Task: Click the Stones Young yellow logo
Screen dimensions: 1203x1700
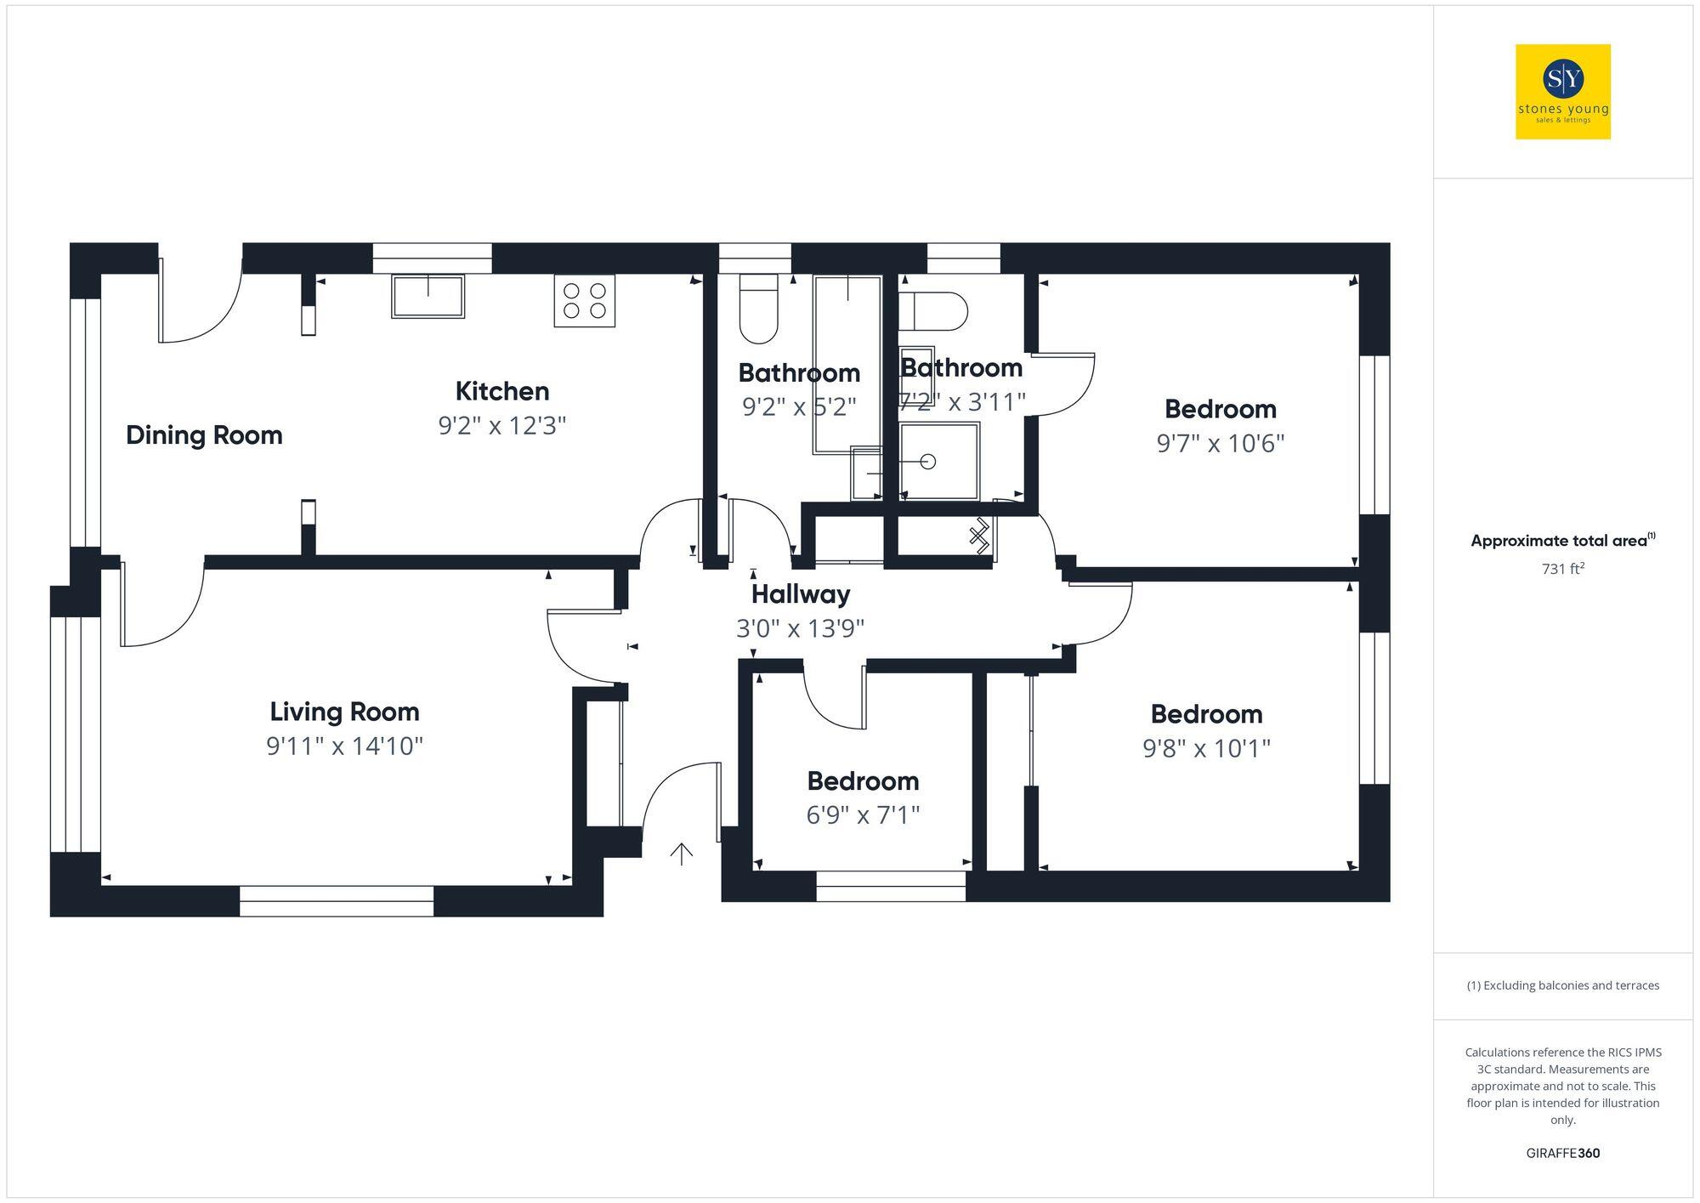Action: (1562, 92)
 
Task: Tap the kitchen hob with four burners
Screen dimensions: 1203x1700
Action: (584, 300)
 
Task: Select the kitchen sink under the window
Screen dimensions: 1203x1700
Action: (428, 296)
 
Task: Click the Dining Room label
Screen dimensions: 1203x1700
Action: (204, 435)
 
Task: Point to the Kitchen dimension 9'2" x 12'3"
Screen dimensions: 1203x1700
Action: (501, 425)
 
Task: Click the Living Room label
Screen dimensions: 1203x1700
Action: (344, 712)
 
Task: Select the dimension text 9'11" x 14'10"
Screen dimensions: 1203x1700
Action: (344, 746)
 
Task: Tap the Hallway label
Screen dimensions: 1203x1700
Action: (800, 594)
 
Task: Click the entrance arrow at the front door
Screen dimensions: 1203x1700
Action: (681, 853)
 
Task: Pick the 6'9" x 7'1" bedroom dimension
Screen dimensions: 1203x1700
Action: (863, 815)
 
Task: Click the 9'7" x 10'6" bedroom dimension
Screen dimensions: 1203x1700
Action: (1220, 444)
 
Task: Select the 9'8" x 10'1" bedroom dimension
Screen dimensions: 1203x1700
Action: (1206, 748)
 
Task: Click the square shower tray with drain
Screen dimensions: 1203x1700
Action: (939, 461)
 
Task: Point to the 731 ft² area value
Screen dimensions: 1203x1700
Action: (1562, 569)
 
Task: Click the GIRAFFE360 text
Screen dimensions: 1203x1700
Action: (1562, 1153)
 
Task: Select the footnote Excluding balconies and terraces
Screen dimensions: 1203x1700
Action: (1562, 985)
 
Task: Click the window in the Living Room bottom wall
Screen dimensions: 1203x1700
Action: (337, 901)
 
